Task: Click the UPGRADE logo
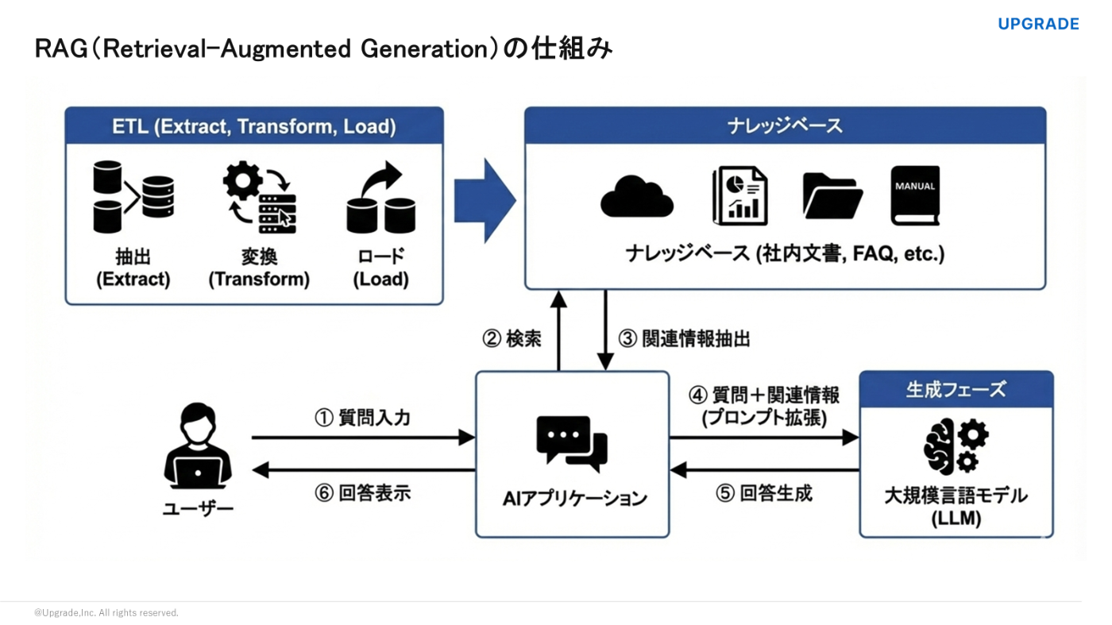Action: point(1037,24)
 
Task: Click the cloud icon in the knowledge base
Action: point(637,196)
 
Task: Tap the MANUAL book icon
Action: point(915,195)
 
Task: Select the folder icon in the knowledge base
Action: point(832,195)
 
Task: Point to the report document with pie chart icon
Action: point(739,195)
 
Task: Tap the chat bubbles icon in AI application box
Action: point(572,442)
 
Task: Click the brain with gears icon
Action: point(956,447)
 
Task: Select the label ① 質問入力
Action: point(362,418)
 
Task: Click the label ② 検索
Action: point(512,339)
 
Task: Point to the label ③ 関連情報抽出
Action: point(685,339)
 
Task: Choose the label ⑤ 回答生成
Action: point(764,493)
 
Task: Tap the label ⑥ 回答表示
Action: point(362,493)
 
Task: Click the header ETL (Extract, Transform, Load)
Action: point(254,126)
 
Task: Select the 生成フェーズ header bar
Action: point(956,389)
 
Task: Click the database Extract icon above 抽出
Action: point(133,197)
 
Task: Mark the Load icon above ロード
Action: point(381,199)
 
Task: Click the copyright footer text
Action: point(106,613)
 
